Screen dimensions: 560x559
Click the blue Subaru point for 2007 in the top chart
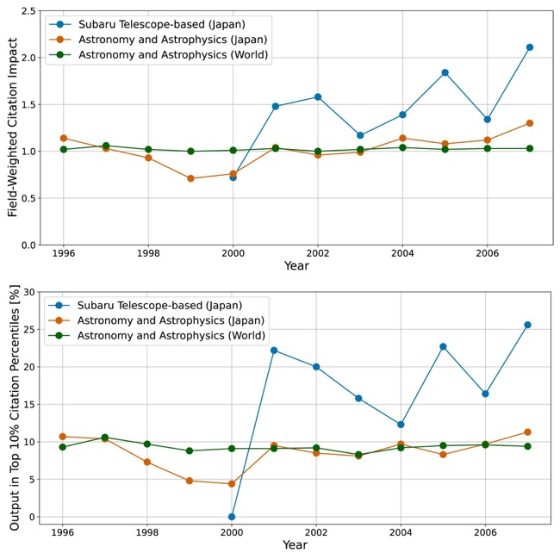tap(530, 47)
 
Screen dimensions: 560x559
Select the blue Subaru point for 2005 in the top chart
tap(445, 72)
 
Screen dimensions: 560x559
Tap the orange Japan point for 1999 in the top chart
tap(190, 178)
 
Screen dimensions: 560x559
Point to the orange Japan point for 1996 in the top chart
tap(64, 138)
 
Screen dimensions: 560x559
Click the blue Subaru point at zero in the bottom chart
tap(232, 517)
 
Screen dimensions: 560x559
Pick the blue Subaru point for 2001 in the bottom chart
tap(274, 351)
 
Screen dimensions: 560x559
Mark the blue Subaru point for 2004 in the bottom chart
tap(401, 425)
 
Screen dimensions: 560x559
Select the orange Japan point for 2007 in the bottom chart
tap(527, 432)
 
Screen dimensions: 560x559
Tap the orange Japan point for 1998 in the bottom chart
tap(146, 462)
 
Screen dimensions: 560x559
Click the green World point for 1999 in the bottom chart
tap(190, 450)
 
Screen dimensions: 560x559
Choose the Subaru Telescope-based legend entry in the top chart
tap(147, 24)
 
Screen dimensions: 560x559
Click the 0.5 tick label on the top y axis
tap(29, 198)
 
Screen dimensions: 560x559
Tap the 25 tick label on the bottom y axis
tap(29, 330)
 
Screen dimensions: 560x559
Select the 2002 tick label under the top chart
tap(318, 253)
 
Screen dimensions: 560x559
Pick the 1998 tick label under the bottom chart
tap(146, 532)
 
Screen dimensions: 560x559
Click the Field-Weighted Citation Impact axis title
tap(13, 127)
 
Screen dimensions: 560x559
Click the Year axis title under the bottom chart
tap(295, 545)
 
